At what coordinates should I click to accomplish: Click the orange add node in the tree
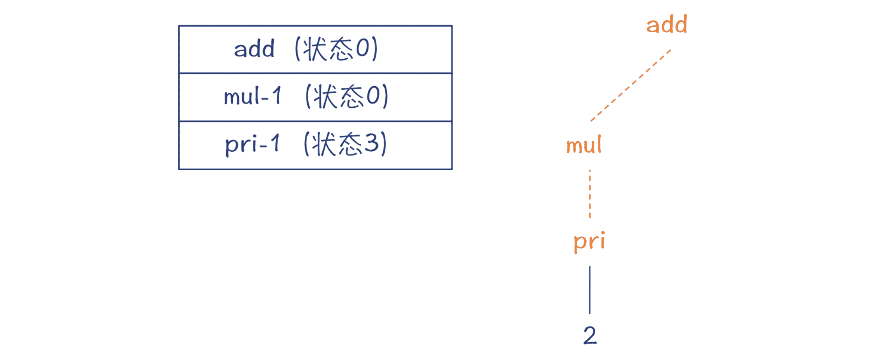pos(667,25)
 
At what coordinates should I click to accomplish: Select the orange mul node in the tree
pos(584,145)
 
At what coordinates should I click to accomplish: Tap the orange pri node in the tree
pos(589,241)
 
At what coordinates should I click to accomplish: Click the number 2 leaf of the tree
pos(590,335)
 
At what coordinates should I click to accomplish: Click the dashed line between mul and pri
pos(590,194)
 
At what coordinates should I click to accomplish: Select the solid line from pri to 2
pos(590,290)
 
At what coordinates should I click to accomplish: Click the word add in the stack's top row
pos(254,49)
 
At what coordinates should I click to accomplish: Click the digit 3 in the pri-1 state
pos(372,143)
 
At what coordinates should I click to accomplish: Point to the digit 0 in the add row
pos(362,49)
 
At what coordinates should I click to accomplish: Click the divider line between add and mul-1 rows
pos(315,73)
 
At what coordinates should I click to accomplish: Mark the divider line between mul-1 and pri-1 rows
pos(315,121)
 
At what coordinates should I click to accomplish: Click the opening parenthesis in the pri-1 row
pos(306,144)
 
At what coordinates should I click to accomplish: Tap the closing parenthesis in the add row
pos(375,49)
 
